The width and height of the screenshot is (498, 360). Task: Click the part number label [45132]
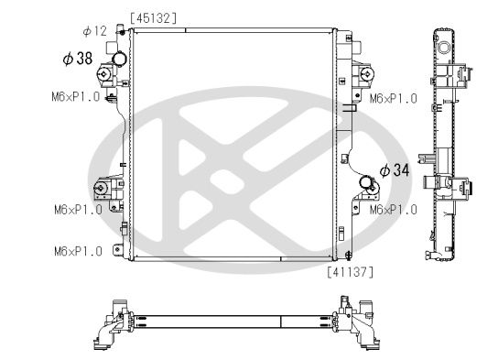[x=154, y=17]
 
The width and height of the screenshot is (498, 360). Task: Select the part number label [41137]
[x=348, y=271]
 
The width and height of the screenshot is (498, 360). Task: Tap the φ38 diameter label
[x=78, y=59]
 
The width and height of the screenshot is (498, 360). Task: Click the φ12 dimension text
[x=94, y=31]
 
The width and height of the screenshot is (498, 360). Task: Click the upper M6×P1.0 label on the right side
[x=393, y=98]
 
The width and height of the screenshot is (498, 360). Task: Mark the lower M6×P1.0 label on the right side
[x=393, y=210]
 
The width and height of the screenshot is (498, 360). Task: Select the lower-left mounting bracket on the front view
[x=102, y=191]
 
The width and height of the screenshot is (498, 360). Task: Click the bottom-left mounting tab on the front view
[x=115, y=249]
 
